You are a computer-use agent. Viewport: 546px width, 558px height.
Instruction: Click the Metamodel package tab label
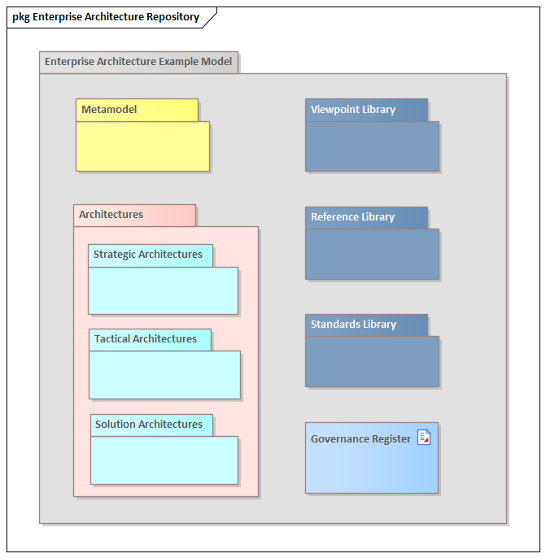coord(110,110)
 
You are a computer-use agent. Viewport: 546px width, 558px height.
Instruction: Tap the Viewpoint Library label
coord(353,110)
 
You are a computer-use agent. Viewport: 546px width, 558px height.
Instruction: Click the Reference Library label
coord(352,217)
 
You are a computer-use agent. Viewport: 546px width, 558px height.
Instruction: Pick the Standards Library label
coord(353,325)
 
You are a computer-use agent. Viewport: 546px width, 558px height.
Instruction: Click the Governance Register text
coord(360,439)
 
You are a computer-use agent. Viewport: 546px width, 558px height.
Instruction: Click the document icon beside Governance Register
coord(424,438)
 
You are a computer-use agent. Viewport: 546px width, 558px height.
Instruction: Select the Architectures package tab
coord(111,215)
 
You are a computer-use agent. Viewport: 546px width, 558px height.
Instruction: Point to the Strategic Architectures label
coord(148,255)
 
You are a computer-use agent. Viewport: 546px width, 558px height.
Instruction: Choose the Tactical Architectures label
coord(146,339)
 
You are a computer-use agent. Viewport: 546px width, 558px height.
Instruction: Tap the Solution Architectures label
coord(149,425)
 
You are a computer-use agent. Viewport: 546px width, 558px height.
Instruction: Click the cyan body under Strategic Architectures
coord(163,290)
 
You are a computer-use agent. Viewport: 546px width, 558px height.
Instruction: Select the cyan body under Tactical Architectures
coord(164,375)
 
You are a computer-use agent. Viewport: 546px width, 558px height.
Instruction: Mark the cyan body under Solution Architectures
coord(164,460)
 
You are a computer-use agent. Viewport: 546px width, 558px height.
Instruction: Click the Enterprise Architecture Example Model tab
coord(138,62)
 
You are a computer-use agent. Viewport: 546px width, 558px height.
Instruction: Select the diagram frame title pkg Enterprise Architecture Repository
coord(106,17)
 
